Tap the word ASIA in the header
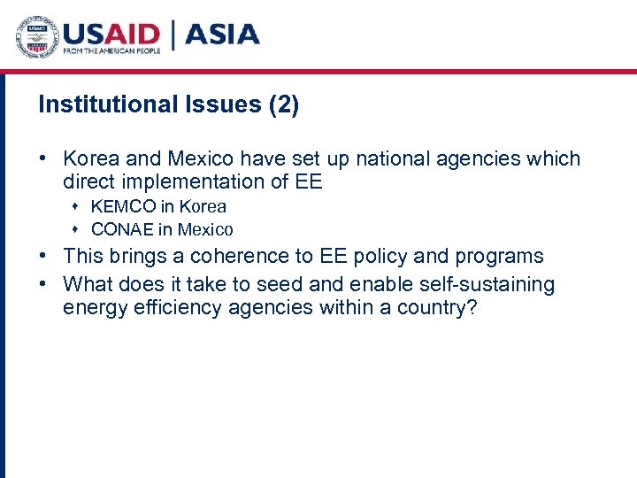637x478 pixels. [222, 35]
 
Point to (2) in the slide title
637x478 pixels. [283, 105]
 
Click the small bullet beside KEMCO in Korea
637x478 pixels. [76, 207]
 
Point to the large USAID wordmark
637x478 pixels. [110, 34]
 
